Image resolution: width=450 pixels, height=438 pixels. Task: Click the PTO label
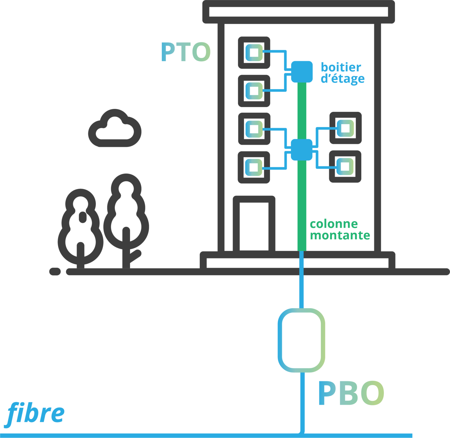pyautogui.click(x=186, y=52)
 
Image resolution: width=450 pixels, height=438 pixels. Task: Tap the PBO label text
pyautogui.click(x=351, y=393)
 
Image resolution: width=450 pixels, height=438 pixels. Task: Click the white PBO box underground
pyautogui.click(x=301, y=340)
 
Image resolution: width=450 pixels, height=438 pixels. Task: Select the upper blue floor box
pyautogui.click(x=302, y=71)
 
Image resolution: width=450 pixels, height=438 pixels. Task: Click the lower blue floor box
pyautogui.click(x=301, y=150)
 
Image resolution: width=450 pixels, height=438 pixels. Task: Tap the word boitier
pyautogui.click(x=341, y=67)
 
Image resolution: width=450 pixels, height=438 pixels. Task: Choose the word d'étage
pyautogui.click(x=342, y=79)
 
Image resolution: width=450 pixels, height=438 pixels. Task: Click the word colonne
pyautogui.click(x=334, y=224)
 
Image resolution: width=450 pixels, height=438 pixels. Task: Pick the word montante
pyautogui.click(x=340, y=235)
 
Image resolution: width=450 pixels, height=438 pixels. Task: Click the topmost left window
pyautogui.click(x=254, y=53)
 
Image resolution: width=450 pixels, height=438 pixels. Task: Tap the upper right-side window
pyautogui.click(x=345, y=128)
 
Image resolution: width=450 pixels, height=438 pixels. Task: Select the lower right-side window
pyautogui.click(x=345, y=166)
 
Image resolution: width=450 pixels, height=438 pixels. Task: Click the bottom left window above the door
pyautogui.click(x=254, y=167)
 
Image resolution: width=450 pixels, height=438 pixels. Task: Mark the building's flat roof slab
pyautogui.click(x=299, y=12)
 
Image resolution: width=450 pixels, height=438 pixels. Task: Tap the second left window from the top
pyautogui.click(x=254, y=91)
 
